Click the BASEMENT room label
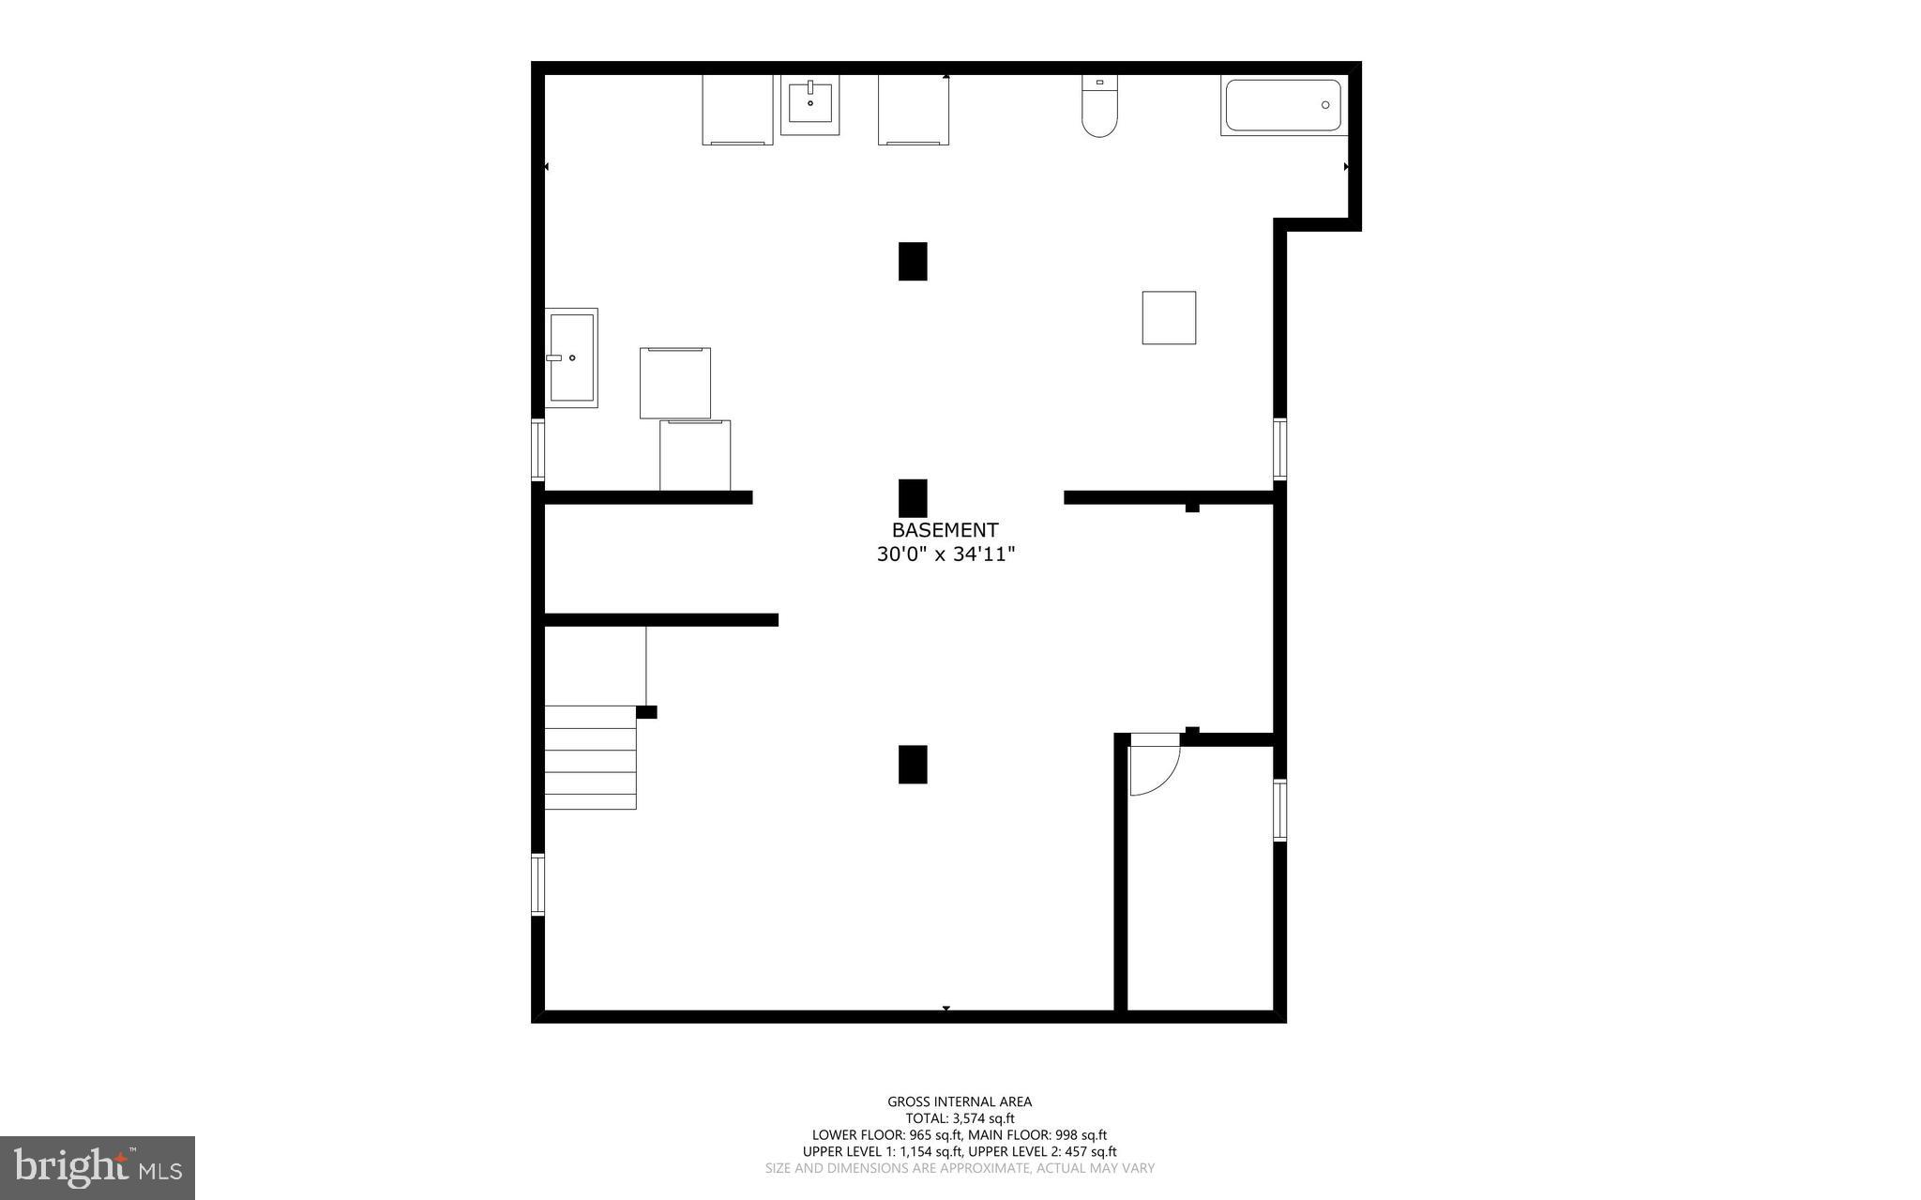pyautogui.click(x=945, y=530)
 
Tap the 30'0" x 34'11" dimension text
pyautogui.click(x=945, y=554)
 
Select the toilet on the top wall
pyautogui.click(x=1099, y=107)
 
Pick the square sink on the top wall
pyautogui.click(x=809, y=104)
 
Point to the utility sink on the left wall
pyautogui.click(x=571, y=357)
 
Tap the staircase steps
pyautogui.click(x=590, y=757)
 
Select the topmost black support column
pyautogui.click(x=913, y=261)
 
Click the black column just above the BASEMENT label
pyautogui.click(x=913, y=497)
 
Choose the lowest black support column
pyautogui.click(x=913, y=764)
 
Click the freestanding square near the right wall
pyautogui.click(x=1169, y=318)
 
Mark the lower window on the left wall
pyautogui.click(x=537, y=884)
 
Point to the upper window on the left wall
pyautogui.click(x=537, y=449)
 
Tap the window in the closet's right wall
pyautogui.click(x=1279, y=810)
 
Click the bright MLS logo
pyautogui.click(x=98, y=1167)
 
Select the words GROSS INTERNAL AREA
pyautogui.click(x=960, y=1101)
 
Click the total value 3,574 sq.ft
pyautogui.click(x=984, y=1118)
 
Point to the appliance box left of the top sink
pyautogui.click(x=737, y=110)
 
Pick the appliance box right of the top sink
pyautogui.click(x=913, y=110)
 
